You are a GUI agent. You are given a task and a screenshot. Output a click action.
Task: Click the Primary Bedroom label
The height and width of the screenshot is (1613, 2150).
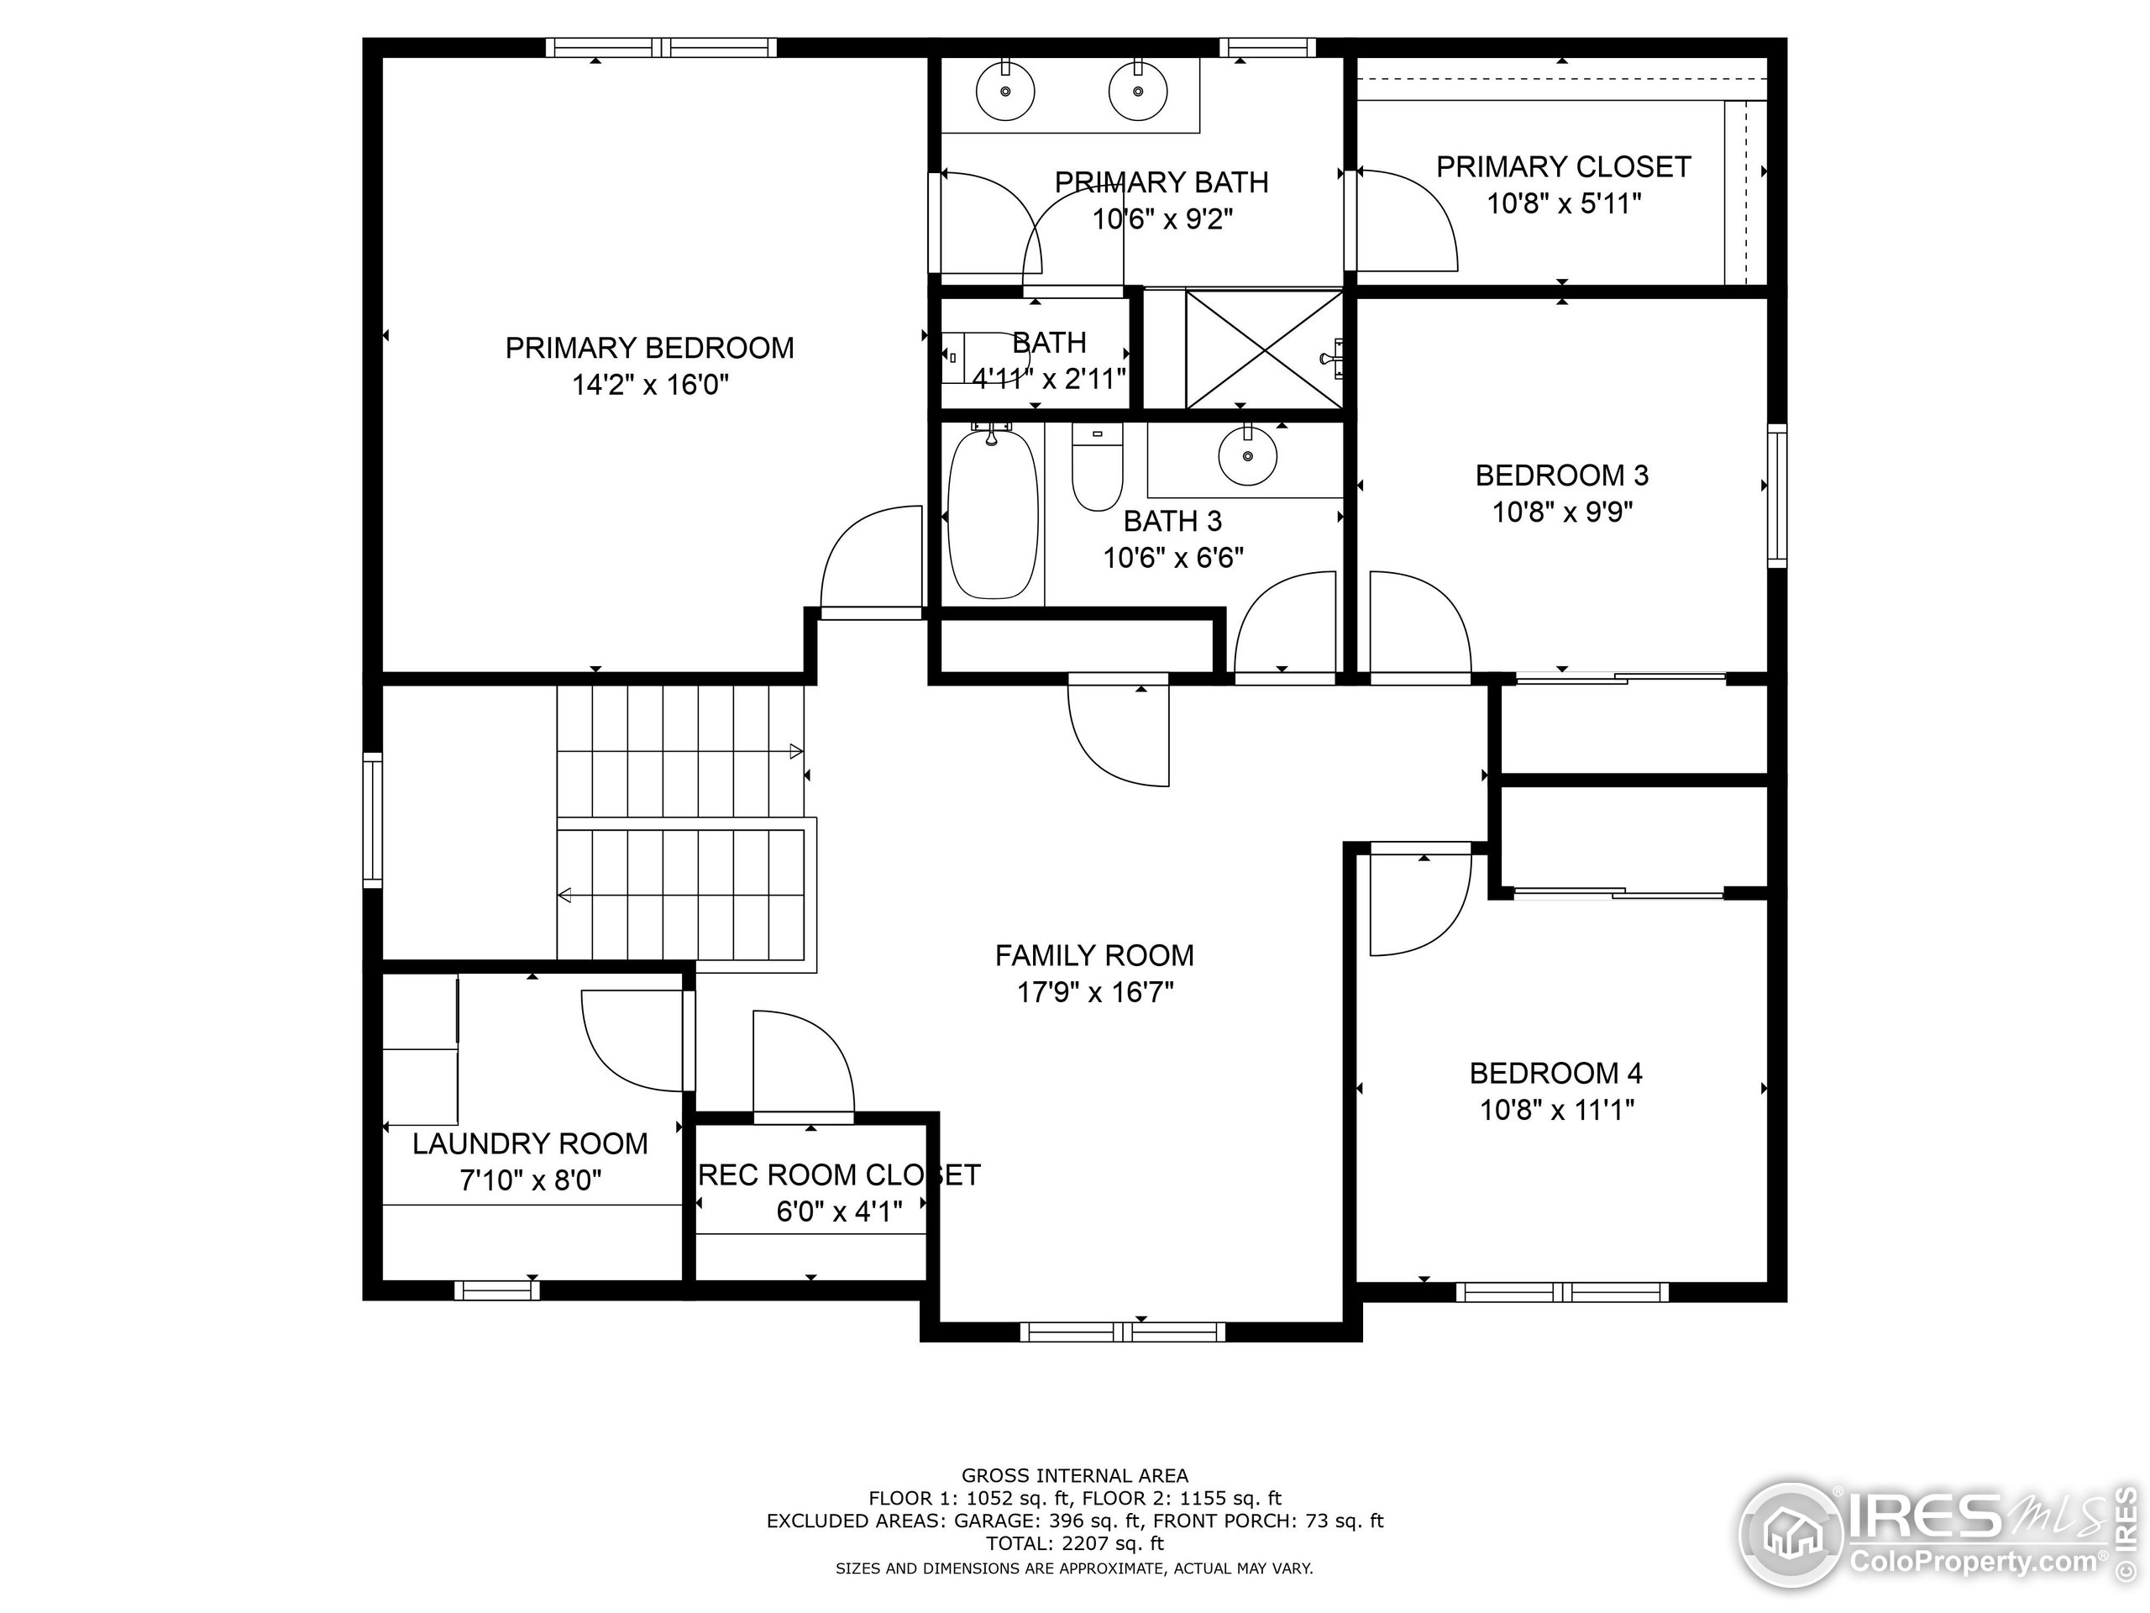[649, 347]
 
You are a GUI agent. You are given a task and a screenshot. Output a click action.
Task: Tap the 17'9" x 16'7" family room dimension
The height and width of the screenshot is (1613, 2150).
[1094, 993]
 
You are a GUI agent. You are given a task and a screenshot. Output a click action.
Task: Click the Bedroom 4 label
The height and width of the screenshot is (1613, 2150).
[1555, 1074]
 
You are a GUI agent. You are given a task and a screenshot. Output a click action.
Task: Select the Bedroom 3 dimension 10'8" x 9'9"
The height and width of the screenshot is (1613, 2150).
[1562, 512]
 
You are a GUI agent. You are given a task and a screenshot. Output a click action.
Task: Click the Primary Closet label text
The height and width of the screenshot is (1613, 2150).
[1563, 167]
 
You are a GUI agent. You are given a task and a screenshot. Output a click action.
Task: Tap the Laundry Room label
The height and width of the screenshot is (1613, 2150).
[530, 1143]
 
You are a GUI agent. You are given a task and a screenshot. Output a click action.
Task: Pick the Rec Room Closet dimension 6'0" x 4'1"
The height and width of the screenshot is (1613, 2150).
[839, 1211]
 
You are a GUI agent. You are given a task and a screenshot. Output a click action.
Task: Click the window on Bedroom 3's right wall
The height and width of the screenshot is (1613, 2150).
[1777, 496]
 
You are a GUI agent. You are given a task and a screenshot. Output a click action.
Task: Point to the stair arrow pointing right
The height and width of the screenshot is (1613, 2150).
[795, 750]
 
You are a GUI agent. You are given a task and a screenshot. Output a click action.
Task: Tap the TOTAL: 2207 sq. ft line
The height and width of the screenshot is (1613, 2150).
[1074, 1543]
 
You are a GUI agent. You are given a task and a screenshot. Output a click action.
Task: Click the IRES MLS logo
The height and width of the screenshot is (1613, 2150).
[1934, 1535]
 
